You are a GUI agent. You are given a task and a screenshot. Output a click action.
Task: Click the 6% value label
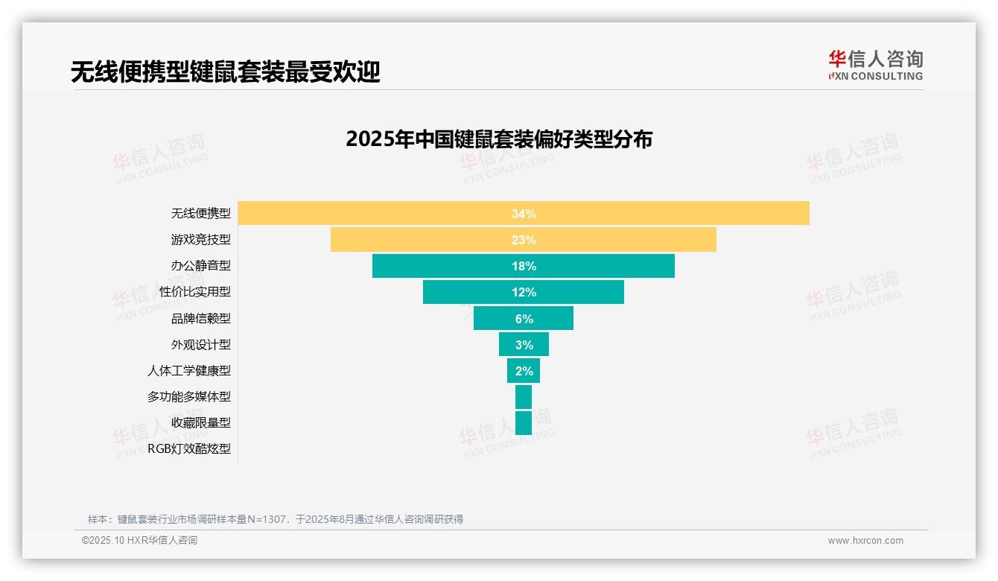[524, 319]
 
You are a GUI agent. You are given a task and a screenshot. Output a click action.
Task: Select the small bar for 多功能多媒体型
[524, 397]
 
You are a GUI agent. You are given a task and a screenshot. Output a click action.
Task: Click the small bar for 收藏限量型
[524, 423]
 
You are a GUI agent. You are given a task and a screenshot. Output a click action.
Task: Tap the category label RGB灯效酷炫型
[189, 449]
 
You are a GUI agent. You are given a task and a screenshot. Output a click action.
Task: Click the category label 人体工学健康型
[189, 371]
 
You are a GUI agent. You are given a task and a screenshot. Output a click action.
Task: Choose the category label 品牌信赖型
[201, 319]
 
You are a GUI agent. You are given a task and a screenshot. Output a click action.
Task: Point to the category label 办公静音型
[201, 266]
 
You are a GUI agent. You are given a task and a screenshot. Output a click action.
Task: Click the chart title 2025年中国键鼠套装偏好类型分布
[499, 139]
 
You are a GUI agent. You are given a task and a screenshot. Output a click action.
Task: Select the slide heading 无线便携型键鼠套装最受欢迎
[225, 72]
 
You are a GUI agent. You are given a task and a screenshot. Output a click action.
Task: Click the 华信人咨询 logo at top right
[876, 66]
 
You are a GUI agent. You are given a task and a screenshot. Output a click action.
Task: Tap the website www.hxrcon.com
[865, 541]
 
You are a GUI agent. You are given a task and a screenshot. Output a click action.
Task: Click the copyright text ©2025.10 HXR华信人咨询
[140, 541]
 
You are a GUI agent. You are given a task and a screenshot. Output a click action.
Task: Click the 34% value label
[524, 214]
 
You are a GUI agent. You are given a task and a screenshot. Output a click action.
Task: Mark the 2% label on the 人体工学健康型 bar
[524, 371]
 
